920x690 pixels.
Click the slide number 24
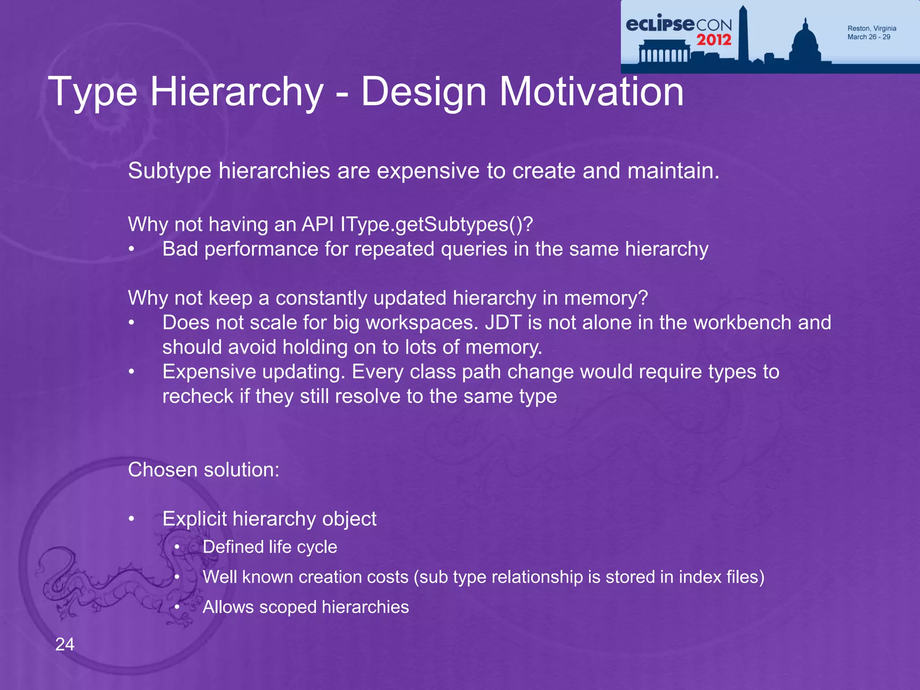pyautogui.click(x=65, y=644)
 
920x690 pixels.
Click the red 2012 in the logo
pyautogui.click(x=714, y=40)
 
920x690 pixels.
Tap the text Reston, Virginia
pyautogui.click(x=871, y=28)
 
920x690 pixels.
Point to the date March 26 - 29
pyautogui.click(x=868, y=37)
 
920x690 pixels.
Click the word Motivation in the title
pyautogui.click(x=591, y=92)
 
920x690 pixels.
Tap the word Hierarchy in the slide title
pyautogui.click(x=237, y=92)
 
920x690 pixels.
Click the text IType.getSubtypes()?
pyautogui.click(x=436, y=224)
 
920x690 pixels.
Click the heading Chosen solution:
pyautogui.click(x=203, y=470)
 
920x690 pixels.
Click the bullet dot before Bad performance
pyautogui.click(x=131, y=249)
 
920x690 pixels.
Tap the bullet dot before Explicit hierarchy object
pyautogui.click(x=131, y=519)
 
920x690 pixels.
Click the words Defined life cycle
pyautogui.click(x=270, y=547)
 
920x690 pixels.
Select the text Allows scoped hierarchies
pyautogui.click(x=305, y=607)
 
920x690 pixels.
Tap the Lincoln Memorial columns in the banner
pyautogui.click(x=663, y=54)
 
